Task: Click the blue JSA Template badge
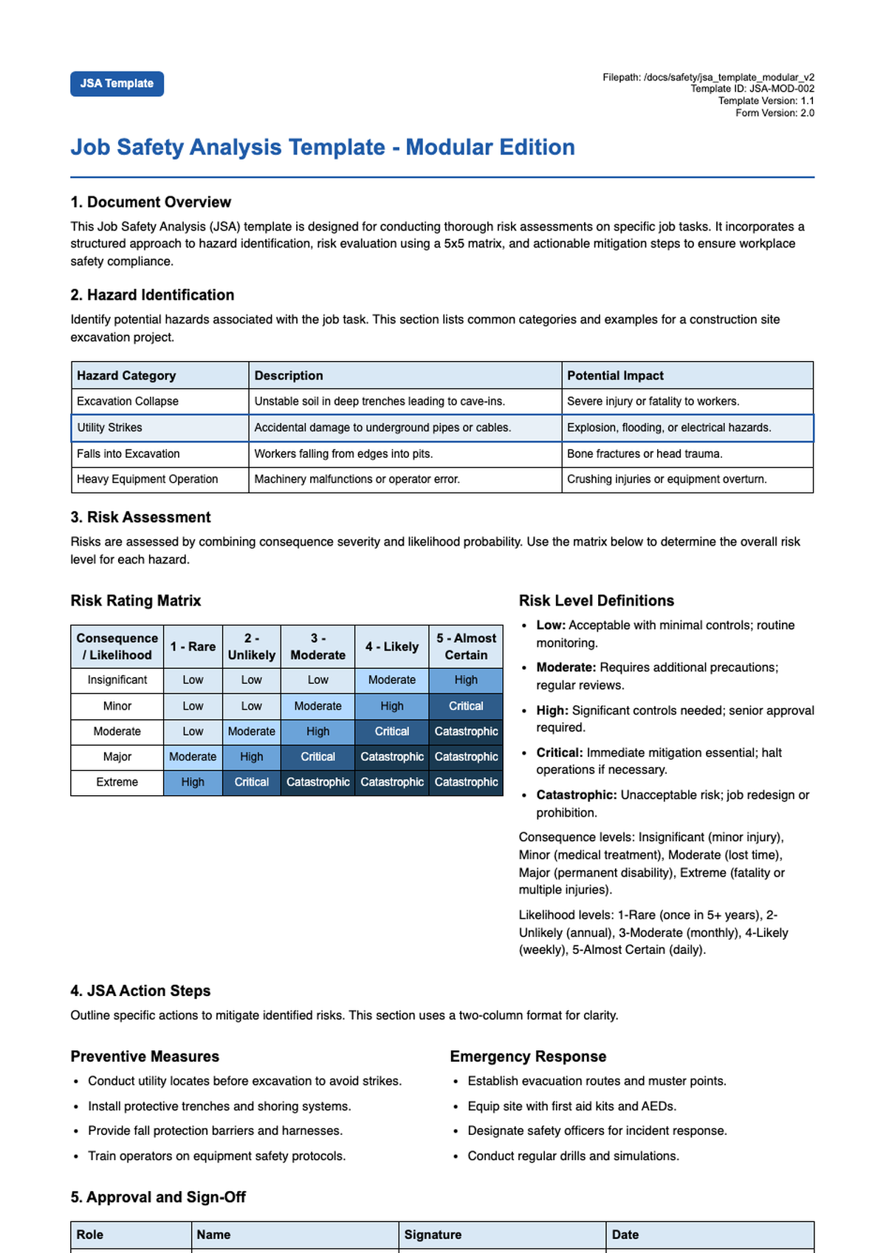[117, 83]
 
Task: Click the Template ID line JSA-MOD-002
[752, 89]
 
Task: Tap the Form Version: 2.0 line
[774, 113]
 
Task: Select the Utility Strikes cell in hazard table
[110, 428]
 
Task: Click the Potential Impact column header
[615, 375]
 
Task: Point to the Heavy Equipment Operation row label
[148, 479]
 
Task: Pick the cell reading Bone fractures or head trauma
[645, 453]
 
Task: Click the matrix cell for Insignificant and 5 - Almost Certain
[466, 680]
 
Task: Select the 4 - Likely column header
[391, 646]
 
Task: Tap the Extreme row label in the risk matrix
[117, 782]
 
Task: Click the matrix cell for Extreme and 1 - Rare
[193, 782]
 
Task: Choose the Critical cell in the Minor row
[466, 706]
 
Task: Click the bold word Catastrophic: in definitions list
[576, 795]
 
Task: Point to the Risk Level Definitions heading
[596, 600]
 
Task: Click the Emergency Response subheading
[528, 1057]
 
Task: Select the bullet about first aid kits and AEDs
[571, 1106]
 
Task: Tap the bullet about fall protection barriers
[215, 1130]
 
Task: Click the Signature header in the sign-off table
[432, 1235]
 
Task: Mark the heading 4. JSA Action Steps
[140, 991]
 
